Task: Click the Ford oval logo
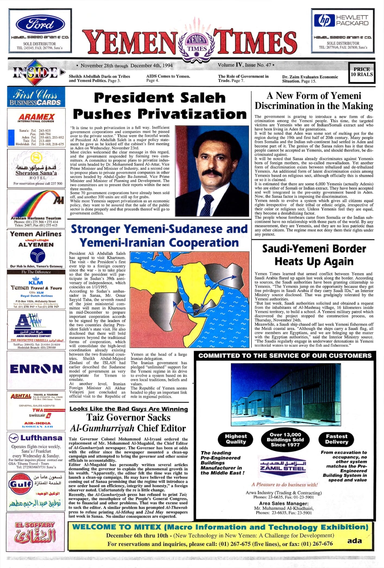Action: pos(40,24)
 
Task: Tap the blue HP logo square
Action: pos(324,20)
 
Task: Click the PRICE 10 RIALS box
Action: pos(361,72)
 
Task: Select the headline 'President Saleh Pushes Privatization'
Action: pos(160,106)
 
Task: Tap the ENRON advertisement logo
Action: pos(36,369)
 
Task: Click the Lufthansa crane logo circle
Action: pos(14,438)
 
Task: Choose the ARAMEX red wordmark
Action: pos(36,117)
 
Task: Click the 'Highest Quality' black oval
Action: pos(235,439)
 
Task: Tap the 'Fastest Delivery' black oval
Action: pos(336,439)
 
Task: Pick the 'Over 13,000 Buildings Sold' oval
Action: pos(285,439)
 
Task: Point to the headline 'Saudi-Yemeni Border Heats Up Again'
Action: pos(314,255)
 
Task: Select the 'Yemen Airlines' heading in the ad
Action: pos(36,234)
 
